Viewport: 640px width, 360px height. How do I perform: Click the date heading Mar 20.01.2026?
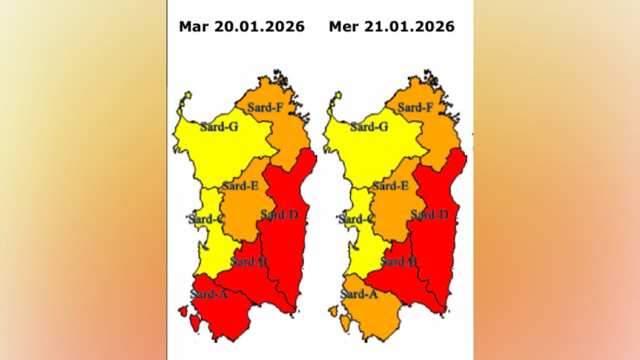tap(242, 27)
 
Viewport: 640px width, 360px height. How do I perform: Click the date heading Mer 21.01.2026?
tap(392, 27)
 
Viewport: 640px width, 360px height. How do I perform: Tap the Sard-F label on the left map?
tap(265, 108)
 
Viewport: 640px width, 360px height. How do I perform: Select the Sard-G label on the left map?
tap(219, 127)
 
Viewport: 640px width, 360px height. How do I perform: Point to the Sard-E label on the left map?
tap(240, 186)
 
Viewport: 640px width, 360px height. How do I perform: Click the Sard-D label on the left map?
tap(279, 215)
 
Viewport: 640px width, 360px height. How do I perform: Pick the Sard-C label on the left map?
tap(207, 219)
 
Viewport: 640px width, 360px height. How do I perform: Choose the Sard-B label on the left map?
tap(249, 261)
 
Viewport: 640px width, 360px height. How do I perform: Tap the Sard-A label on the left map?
tap(209, 294)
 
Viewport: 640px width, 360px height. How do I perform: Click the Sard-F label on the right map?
tap(415, 108)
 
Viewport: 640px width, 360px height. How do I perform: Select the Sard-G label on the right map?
tap(369, 127)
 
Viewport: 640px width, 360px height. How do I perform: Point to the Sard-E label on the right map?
tap(390, 186)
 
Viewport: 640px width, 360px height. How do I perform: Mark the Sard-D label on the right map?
tap(429, 215)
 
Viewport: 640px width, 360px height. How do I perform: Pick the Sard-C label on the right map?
tap(357, 219)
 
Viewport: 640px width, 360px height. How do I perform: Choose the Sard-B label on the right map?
tap(399, 261)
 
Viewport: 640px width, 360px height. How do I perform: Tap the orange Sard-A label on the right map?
tap(359, 294)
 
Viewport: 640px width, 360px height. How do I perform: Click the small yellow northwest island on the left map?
tap(188, 95)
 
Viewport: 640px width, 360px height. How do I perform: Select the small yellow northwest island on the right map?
tap(338, 95)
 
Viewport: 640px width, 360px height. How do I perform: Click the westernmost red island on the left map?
tap(183, 311)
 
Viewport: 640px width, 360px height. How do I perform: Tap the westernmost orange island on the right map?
tap(333, 311)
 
